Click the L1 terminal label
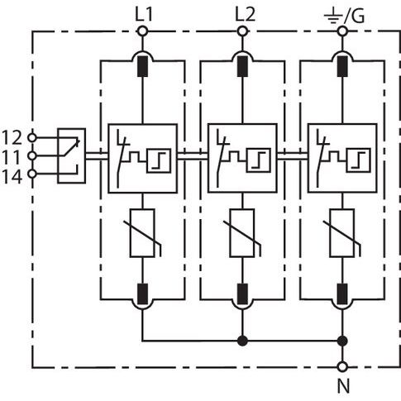144,15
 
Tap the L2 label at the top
245,15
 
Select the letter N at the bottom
343,386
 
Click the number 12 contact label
12,137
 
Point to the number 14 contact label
12,177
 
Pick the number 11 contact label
12,157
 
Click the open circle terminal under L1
142,31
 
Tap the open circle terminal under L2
242,31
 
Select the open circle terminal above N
342,367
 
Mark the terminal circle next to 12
32,137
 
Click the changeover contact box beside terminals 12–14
71,155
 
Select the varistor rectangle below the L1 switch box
142,233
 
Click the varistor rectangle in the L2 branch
242,233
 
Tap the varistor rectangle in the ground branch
342,233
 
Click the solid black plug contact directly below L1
142,66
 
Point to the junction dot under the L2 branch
242,341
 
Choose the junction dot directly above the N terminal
342,341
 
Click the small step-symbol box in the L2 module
259,160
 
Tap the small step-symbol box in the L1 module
159,160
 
